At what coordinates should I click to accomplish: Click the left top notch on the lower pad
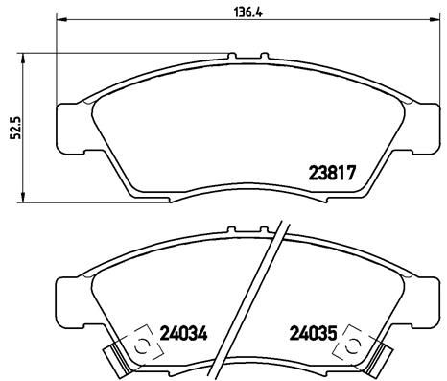[x=230, y=233]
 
